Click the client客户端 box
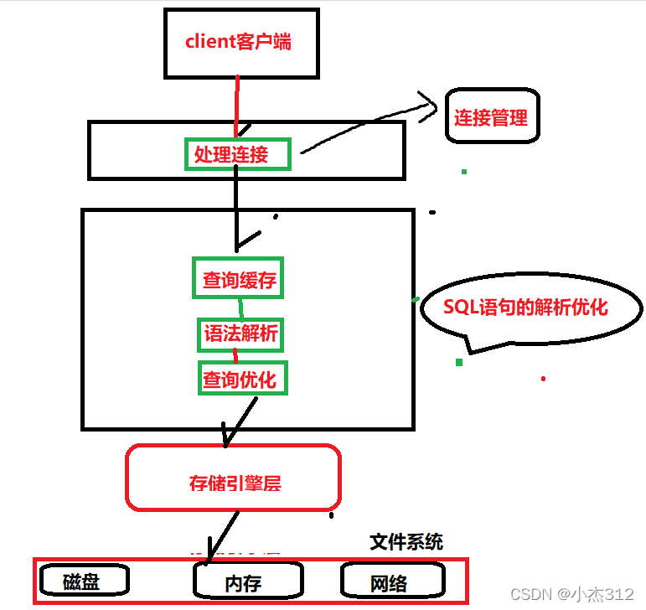point(240,42)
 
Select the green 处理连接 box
point(238,155)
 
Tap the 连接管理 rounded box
point(492,117)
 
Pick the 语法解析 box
point(240,335)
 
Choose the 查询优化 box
point(240,379)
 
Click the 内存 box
point(247,581)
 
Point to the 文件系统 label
point(406,541)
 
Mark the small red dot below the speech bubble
point(543,379)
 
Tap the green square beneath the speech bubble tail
point(459,362)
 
